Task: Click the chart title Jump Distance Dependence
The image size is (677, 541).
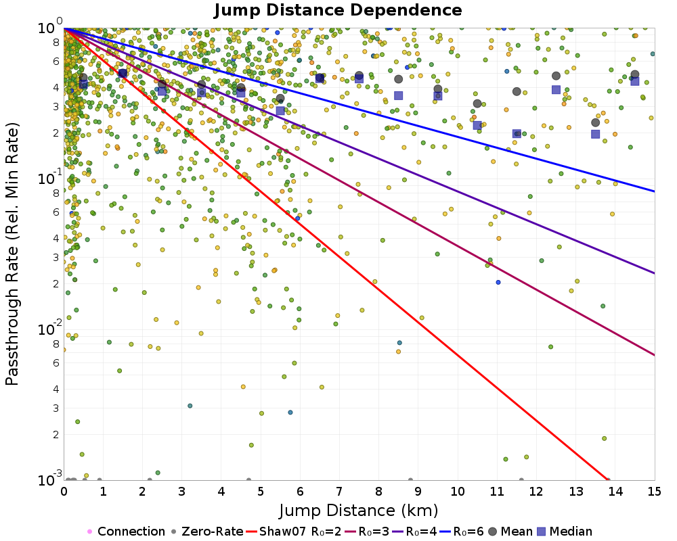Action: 338,9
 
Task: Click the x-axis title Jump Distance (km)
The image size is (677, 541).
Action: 359,511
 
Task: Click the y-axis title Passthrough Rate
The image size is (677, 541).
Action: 12,254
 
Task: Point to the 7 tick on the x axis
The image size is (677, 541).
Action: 339,492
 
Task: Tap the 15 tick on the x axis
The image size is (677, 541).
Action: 655,492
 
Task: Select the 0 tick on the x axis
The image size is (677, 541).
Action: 64,492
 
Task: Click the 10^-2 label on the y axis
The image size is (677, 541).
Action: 50,327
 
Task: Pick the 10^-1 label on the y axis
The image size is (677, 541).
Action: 50,177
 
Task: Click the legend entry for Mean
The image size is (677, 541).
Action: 510,532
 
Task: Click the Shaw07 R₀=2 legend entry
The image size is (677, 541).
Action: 294,532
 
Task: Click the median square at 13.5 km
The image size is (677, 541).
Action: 595,134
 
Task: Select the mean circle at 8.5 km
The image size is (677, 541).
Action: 399,79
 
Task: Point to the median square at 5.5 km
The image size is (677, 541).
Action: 280,110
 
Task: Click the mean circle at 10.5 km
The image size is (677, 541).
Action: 477,103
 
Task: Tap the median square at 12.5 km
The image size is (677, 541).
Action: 556,90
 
